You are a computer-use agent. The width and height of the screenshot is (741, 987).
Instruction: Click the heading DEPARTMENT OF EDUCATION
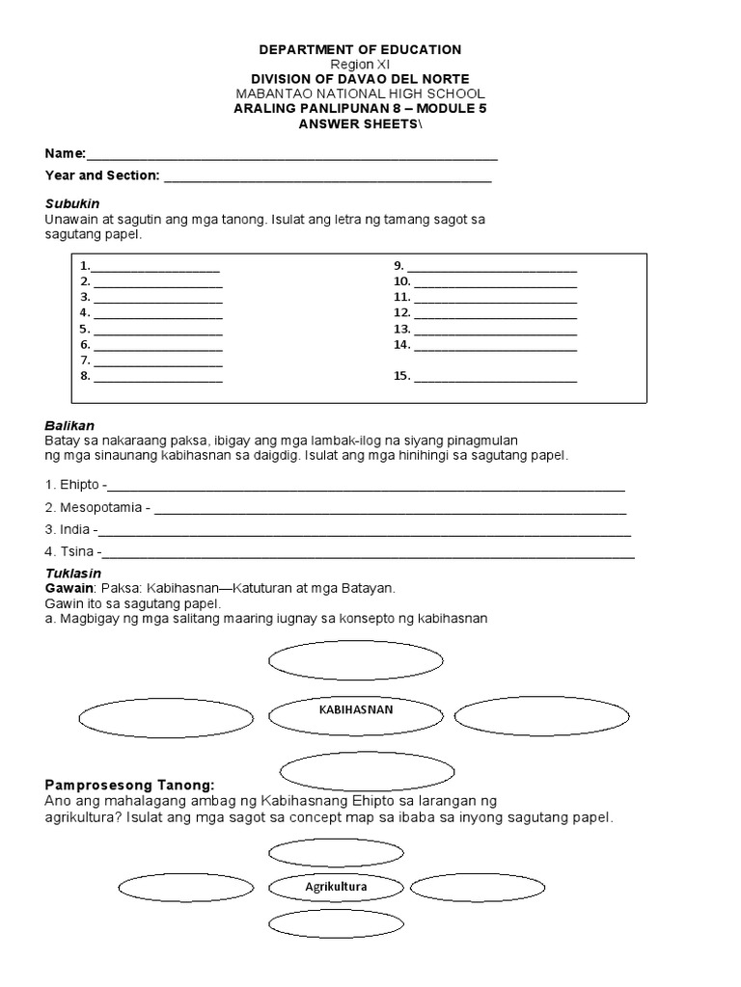tap(359, 49)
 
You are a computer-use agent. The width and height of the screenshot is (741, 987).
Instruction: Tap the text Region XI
tap(359, 64)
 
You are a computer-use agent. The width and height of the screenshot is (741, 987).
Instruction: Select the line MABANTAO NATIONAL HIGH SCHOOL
tap(359, 93)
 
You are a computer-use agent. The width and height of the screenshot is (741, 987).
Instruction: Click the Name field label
tap(66, 154)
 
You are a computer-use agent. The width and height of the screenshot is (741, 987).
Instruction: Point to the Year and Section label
tap(102, 175)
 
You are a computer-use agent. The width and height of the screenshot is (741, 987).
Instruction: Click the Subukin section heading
tap(72, 204)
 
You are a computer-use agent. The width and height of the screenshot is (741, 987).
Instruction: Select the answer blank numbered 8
tap(158, 376)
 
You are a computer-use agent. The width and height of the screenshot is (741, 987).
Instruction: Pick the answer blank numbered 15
tap(495, 376)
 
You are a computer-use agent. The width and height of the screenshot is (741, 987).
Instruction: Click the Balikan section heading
tap(69, 425)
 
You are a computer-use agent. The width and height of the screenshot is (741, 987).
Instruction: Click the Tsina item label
tap(75, 552)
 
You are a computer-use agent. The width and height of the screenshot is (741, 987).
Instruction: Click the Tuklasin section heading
tap(72, 574)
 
